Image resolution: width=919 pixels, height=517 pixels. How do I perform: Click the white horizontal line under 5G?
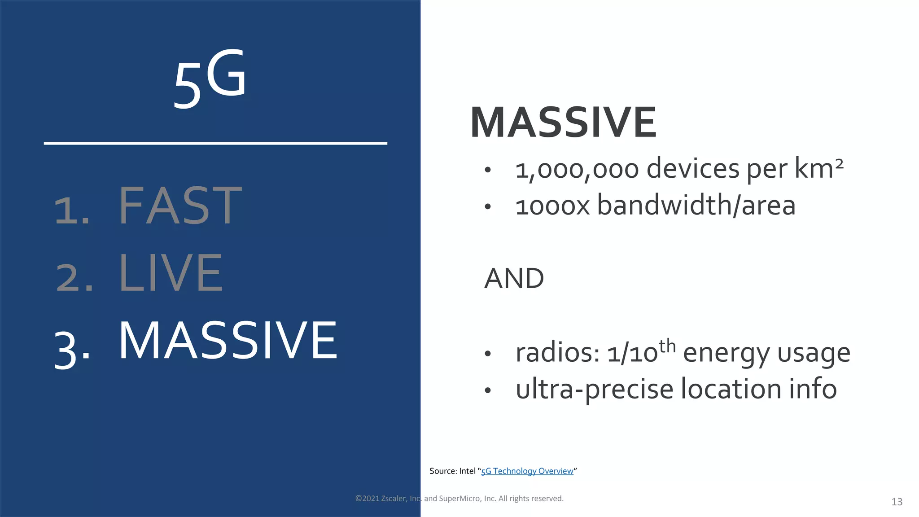click(215, 143)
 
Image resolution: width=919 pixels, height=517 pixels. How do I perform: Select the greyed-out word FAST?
click(180, 206)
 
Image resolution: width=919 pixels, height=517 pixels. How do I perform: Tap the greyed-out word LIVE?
click(171, 273)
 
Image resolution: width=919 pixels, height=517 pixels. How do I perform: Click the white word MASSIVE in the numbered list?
click(228, 341)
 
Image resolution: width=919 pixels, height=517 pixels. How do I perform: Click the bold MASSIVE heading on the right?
click(563, 122)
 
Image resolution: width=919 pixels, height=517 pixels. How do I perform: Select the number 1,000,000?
click(577, 170)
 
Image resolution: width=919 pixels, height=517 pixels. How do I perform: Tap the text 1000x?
click(552, 206)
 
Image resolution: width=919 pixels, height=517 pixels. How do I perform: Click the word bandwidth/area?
click(696, 206)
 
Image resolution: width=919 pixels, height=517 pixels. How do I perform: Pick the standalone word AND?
click(514, 279)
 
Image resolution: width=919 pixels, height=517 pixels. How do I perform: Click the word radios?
click(557, 353)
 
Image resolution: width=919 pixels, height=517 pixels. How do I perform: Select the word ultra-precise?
click(594, 389)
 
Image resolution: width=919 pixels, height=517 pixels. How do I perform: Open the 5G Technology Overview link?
click(527, 471)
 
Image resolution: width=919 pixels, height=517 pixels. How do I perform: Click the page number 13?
click(897, 502)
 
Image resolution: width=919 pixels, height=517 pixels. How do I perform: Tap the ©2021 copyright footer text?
click(459, 499)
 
